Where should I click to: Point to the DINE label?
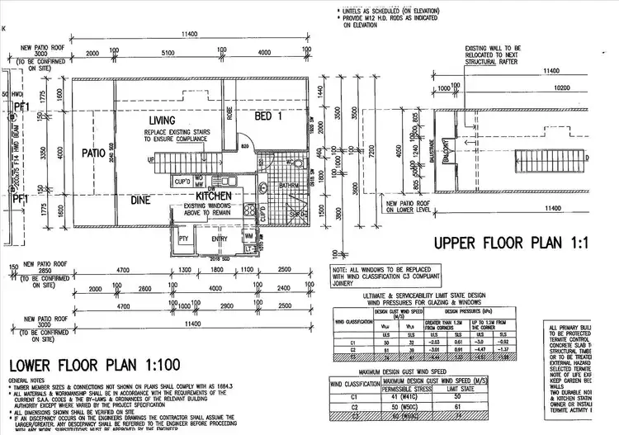tap(141, 199)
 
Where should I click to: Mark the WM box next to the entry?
tap(249, 236)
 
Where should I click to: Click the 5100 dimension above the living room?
tap(168, 52)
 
